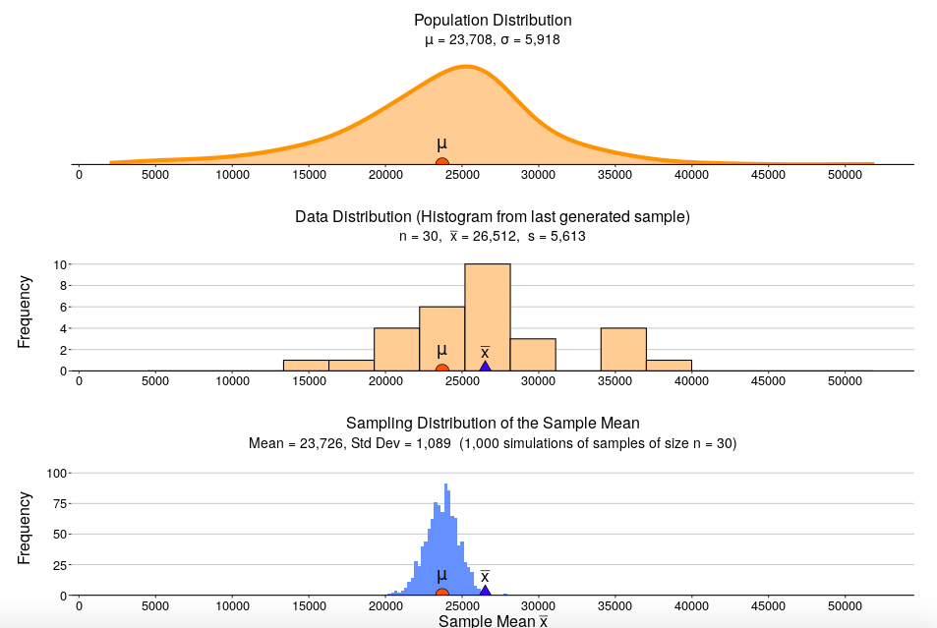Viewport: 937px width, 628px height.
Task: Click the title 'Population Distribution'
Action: pyautogui.click(x=493, y=20)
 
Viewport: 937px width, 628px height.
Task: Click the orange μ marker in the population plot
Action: pyautogui.click(x=442, y=162)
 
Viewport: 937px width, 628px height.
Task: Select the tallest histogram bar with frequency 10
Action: pyautogui.click(x=487, y=317)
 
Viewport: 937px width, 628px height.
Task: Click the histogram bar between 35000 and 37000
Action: pyautogui.click(x=623, y=349)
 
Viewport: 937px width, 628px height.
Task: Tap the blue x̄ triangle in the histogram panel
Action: pyautogui.click(x=485, y=366)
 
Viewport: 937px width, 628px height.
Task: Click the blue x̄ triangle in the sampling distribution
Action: pyautogui.click(x=485, y=591)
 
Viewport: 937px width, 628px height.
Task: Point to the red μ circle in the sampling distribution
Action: pyautogui.click(x=442, y=593)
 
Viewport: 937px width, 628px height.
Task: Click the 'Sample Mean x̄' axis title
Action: pyautogui.click(x=493, y=620)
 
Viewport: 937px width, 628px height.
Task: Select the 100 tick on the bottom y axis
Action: pyautogui.click(x=57, y=473)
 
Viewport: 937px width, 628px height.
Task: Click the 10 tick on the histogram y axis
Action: pyautogui.click(x=60, y=264)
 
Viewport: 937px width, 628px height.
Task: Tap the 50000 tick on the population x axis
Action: pyautogui.click(x=845, y=175)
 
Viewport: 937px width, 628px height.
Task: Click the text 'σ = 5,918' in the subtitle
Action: pyautogui.click(x=526, y=40)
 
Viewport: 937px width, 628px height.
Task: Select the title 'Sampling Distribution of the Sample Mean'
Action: pyautogui.click(x=493, y=423)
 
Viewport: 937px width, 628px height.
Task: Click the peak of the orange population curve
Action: pyautogui.click(x=467, y=67)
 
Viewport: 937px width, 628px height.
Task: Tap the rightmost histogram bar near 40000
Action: pyautogui.click(x=669, y=365)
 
